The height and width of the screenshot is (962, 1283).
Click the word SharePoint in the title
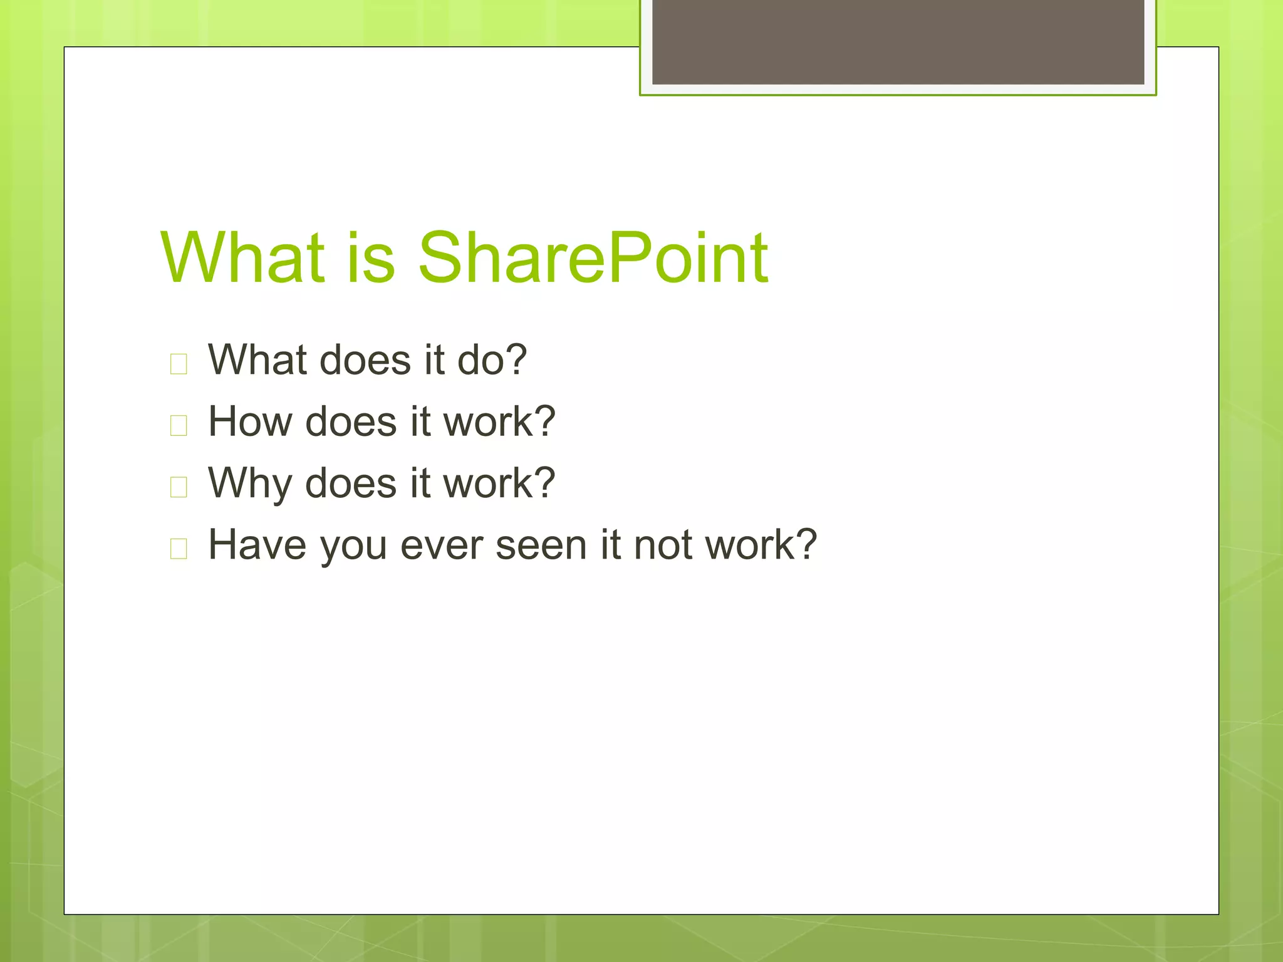(592, 258)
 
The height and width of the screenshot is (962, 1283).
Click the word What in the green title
(243, 258)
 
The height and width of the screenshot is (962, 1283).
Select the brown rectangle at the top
(898, 41)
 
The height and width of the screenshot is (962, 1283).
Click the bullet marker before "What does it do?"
(179, 364)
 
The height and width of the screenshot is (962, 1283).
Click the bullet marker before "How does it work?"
(179, 425)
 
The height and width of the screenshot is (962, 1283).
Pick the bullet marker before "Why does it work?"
(179, 487)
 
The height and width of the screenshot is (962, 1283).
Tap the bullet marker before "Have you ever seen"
(179, 548)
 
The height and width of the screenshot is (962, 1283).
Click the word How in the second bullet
(250, 422)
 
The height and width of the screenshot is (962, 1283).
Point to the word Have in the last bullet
(257, 544)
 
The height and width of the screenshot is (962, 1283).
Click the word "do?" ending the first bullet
(492, 360)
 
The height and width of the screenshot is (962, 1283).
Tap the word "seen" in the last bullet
(542, 545)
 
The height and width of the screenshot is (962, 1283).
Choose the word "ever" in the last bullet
(442, 545)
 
